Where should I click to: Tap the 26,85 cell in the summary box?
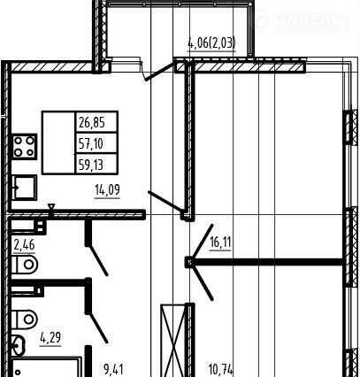pos(92,122)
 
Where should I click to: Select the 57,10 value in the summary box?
pos(91,143)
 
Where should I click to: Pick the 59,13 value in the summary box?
pos(91,165)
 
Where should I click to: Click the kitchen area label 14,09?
pos(107,189)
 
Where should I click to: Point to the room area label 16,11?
pos(220,242)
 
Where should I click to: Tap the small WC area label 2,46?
pos(24,245)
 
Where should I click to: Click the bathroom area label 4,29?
pos(50,338)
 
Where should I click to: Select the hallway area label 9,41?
pos(113,369)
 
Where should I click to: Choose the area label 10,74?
pos(220,369)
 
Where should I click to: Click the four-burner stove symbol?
pos(24,147)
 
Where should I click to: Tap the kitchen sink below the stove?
pos(25,188)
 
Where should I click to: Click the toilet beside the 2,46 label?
pos(25,265)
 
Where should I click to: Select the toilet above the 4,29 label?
pos(25,319)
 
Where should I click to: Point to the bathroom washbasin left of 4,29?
pos(19,345)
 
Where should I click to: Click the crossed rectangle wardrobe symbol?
pos(174,340)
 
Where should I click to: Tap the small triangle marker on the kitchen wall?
pos(51,206)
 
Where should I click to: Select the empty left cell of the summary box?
pos(58,142)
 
